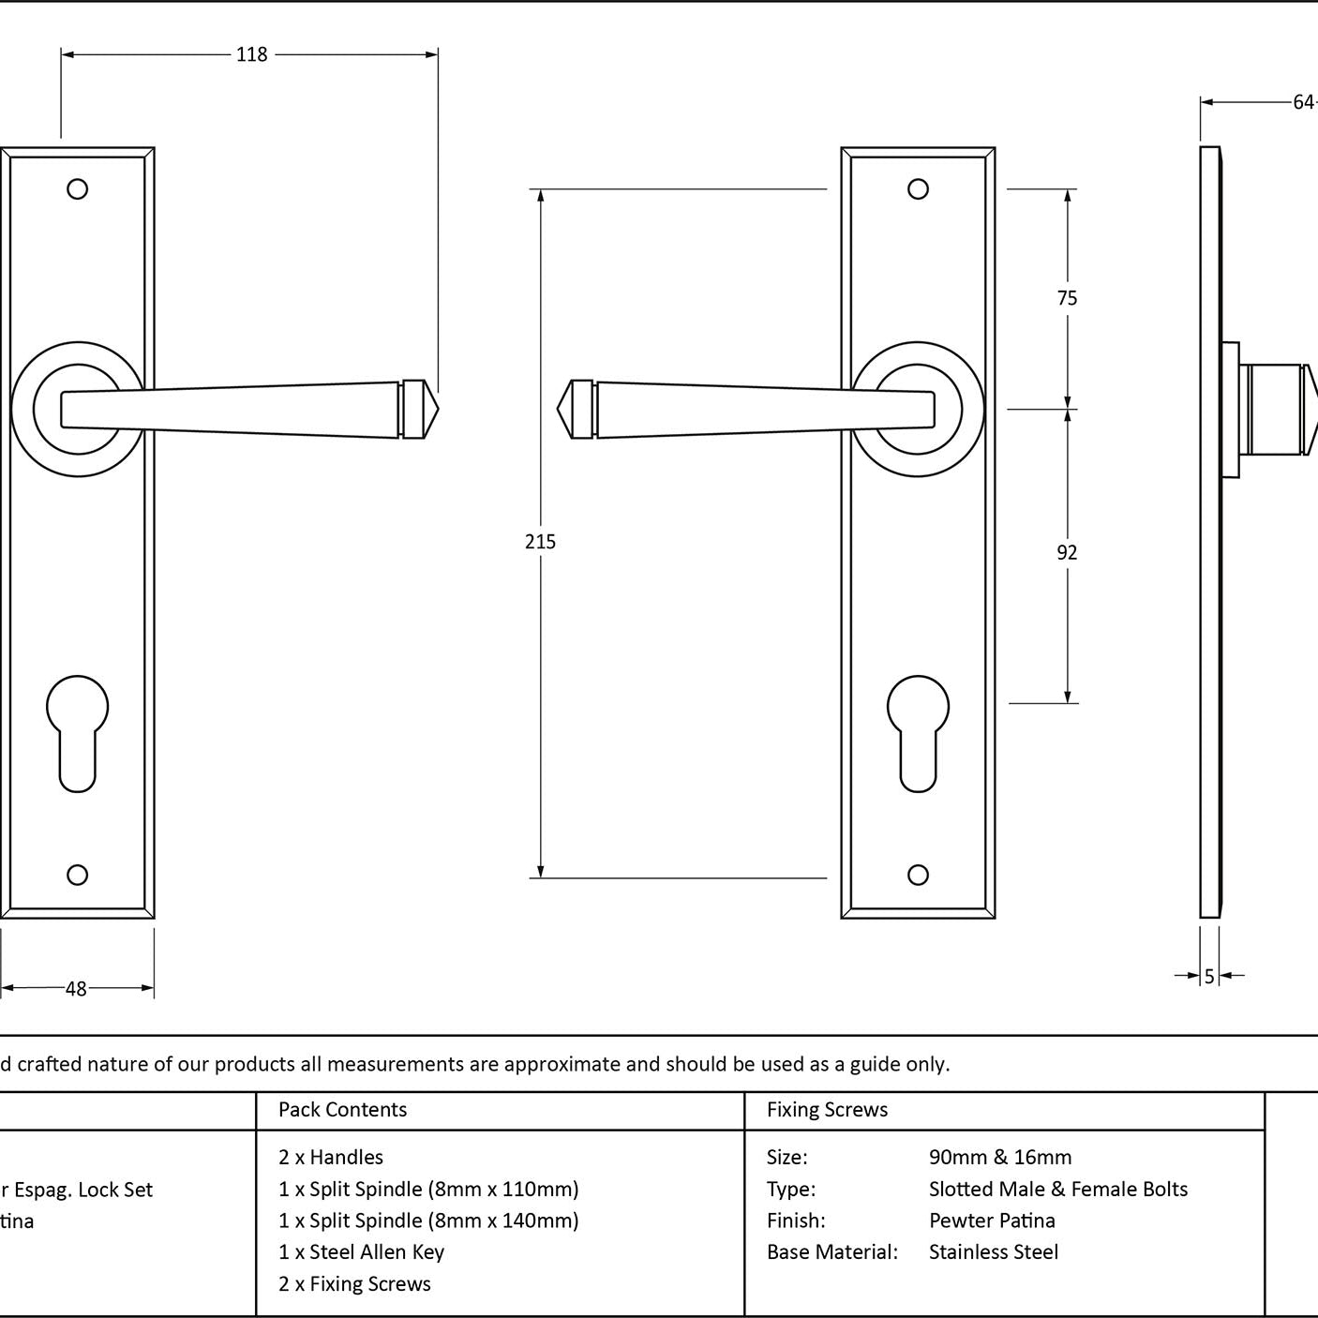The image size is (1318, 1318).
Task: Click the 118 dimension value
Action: [x=251, y=54]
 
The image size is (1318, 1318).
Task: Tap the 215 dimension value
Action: [x=541, y=542]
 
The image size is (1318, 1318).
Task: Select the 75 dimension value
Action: [x=1067, y=298]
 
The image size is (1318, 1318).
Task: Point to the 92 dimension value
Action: [x=1067, y=553]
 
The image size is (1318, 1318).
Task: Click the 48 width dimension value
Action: [x=76, y=988]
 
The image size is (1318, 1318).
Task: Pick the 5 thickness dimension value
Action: [x=1209, y=977]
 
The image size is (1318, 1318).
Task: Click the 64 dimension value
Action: [x=1303, y=102]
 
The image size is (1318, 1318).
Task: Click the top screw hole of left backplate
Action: [x=78, y=189]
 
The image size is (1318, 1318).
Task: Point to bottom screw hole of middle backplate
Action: [x=919, y=875]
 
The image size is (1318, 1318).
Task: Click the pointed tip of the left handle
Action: [x=434, y=410]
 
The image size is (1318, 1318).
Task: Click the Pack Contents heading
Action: [x=343, y=1110]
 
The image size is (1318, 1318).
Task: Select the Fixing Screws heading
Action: [x=827, y=1110]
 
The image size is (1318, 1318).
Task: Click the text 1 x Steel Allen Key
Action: [x=361, y=1251]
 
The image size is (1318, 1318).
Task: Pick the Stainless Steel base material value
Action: [x=994, y=1251]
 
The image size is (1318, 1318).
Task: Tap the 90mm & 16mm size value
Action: [x=1000, y=1157]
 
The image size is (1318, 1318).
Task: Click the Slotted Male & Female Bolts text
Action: [x=1058, y=1189]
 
